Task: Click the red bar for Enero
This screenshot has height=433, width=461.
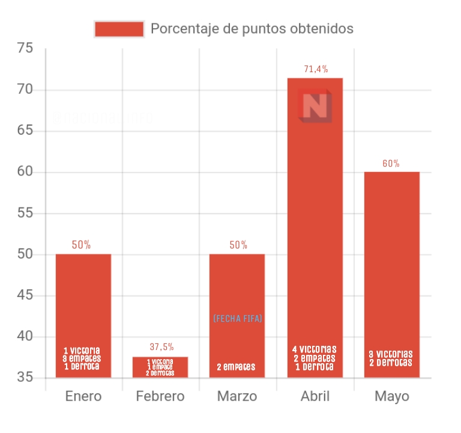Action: tap(83, 301)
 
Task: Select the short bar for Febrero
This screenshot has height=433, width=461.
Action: tap(160, 367)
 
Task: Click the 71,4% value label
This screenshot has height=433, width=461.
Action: tap(316, 69)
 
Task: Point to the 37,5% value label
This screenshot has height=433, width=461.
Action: tap(161, 347)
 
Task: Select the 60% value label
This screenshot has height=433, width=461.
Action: tap(391, 164)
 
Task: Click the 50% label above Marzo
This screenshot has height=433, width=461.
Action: tap(238, 245)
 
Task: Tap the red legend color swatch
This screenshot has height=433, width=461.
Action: tap(119, 29)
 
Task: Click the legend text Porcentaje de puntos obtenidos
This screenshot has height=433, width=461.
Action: tap(252, 29)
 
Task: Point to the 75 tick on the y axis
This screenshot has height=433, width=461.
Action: tap(25, 49)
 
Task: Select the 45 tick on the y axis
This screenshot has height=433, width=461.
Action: tap(25, 296)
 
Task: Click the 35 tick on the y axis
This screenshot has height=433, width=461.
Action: tap(25, 378)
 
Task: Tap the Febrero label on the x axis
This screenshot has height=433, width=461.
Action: tap(160, 397)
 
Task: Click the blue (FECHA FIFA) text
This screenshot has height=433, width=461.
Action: tap(238, 318)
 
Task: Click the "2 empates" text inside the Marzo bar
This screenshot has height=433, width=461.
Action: tap(237, 367)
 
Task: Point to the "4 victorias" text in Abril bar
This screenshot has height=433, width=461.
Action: tap(315, 349)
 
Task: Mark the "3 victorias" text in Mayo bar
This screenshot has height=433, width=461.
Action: tap(391, 355)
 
